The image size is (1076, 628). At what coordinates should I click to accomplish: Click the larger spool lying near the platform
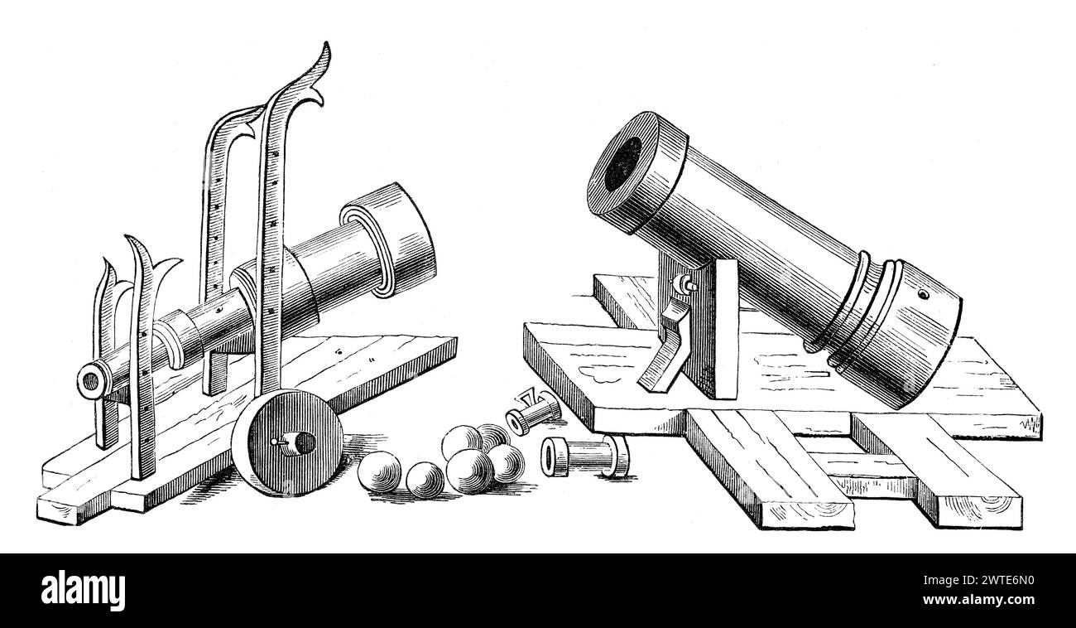click(584, 455)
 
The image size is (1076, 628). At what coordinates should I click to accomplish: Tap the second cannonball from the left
click(424, 478)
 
